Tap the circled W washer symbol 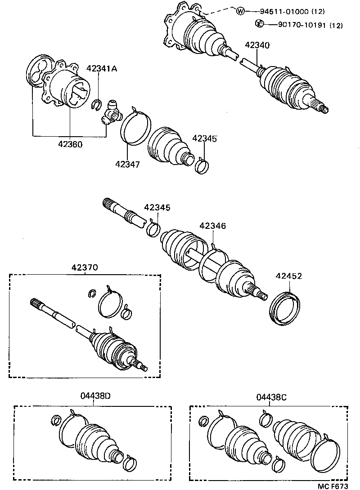coord(240,11)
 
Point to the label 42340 coord(257,45)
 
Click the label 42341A coord(102,68)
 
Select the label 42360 coord(70,145)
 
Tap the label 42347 coord(127,164)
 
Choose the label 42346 coord(212,226)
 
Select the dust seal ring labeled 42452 coord(284,307)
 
